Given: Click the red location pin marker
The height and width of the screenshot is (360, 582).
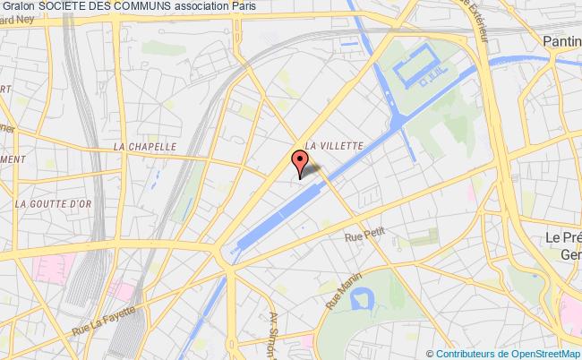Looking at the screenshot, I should (x=299, y=161).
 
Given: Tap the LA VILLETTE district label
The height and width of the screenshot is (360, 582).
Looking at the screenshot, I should (x=334, y=143).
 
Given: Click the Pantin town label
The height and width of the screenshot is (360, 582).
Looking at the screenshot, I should (x=561, y=40).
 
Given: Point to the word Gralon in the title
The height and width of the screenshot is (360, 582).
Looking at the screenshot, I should (x=19, y=8).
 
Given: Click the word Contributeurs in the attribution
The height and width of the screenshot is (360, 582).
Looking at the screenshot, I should (x=456, y=353).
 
